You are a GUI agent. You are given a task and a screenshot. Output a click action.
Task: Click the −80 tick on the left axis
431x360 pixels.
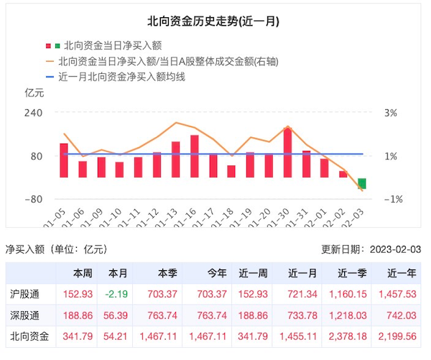coord(34,199)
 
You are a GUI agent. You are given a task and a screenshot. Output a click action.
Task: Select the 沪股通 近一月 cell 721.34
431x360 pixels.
coord(302,295)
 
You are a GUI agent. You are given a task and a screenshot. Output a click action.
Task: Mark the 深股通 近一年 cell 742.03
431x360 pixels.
coord(401,315)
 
